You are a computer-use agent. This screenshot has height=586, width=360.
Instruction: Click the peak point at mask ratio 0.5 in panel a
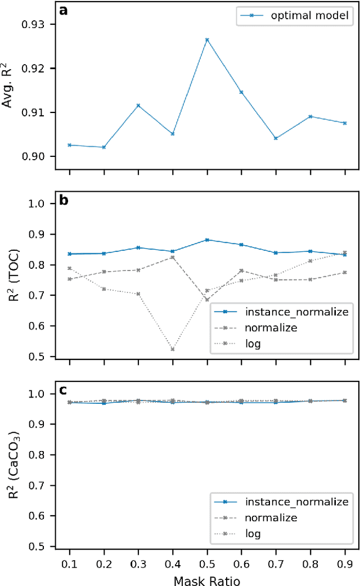point(207,40)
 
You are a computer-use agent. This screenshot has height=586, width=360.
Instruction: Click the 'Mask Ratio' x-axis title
point(207,577)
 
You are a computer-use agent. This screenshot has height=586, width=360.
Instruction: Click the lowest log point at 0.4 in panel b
point(173,349)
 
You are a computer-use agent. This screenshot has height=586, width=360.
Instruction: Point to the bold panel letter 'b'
point(64,200)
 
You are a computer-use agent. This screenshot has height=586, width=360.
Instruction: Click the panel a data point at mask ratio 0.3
point(138,106)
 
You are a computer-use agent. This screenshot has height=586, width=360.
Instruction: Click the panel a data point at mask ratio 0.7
point(276,138)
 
